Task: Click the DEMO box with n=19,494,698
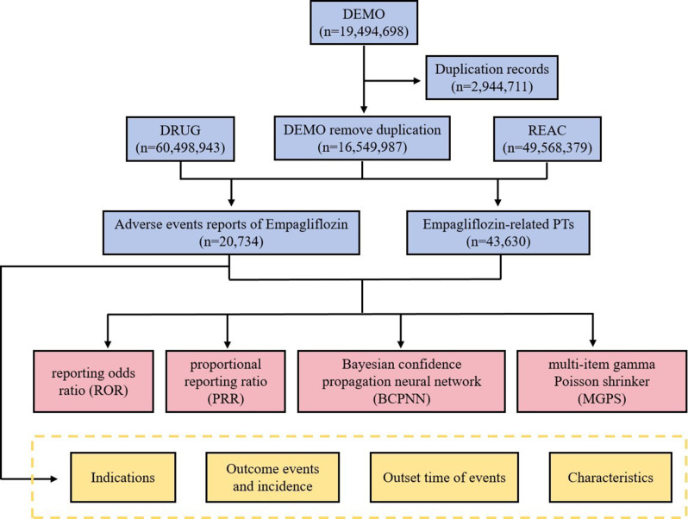(x=364, y=22)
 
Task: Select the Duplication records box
(x=492, y=78)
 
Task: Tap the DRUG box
(x=180, y=139)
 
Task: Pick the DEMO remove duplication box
(x=362, y=138)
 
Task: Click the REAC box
(x=547, y=139)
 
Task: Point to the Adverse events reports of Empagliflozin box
(x=231, y=233)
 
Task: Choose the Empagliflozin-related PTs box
(x=498, y=233)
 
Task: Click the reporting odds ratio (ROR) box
(x=93, y=381)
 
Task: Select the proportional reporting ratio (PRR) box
(x=226, y=381)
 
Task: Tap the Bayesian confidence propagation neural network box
(x=402, y=381)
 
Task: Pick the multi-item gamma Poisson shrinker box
(x=602, y=381)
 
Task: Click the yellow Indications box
(x=122, y=478)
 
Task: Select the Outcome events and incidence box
(x=272, y=478)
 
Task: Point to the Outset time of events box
(x=444, y=478)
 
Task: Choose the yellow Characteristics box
(x=610, y=478)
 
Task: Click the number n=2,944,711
(x=492, y=86)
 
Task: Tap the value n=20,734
(x=231, y=241)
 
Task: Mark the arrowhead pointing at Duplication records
(x=416, y=81)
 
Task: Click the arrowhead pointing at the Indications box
(x=53, y=478)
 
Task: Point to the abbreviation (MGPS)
(x=602, y=399)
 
